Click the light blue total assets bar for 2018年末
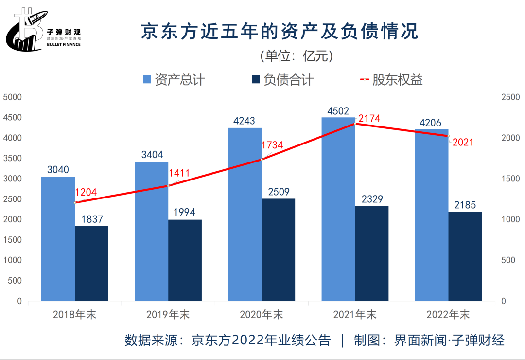point(58,238)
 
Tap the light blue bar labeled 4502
point(338,209)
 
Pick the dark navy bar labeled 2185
point(465,256)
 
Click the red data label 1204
point(85,192)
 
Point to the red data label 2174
point(369,118)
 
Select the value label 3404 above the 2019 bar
point(151,155)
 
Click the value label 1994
point(185,213)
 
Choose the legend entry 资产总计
point(173,80)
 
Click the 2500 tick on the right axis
point(510,97)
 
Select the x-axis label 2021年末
point(355,315)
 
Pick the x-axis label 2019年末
point(168,315)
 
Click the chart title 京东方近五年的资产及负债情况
point(280,33)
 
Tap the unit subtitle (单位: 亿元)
point(297,56)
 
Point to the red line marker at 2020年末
point(262,159)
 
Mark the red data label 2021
point(462,143)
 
